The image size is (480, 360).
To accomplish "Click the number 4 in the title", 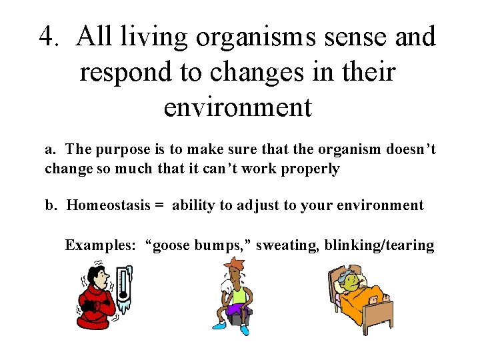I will pos(46,37).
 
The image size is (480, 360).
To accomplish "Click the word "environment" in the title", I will pos(237,107).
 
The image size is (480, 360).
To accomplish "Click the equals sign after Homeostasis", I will pos(159,205).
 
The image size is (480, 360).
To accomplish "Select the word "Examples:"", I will pos(100,245).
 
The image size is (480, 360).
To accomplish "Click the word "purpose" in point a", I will pos(123,149).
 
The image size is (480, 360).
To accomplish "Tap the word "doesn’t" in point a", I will pos(410,149).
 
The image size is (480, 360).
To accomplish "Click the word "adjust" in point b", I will pos(255,205).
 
